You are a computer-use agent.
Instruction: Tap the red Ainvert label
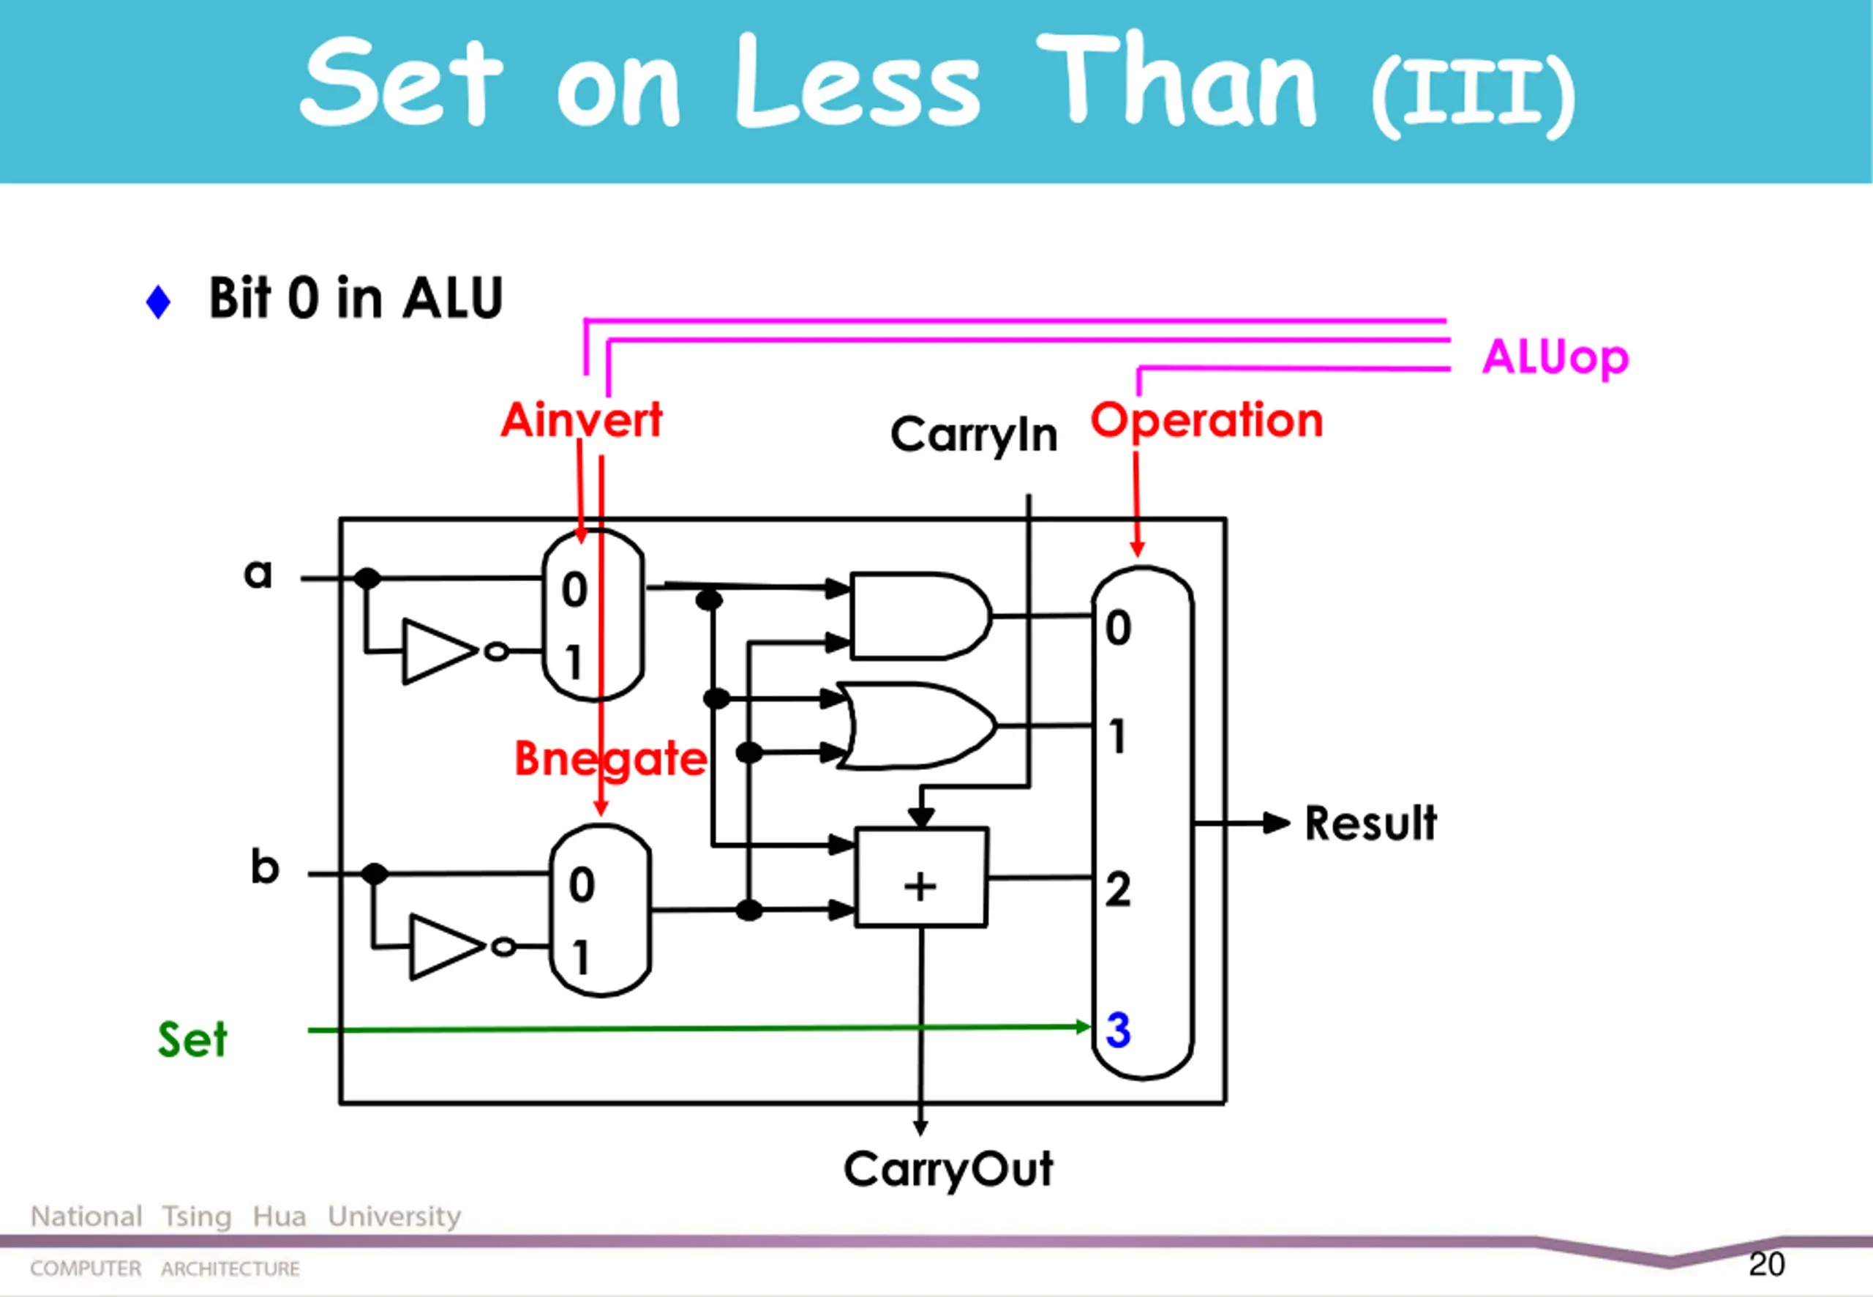(582, 420)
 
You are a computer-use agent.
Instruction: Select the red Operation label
(1206, 421)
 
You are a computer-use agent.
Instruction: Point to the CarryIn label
(973, 435)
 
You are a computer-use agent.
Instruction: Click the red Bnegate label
(610, 759)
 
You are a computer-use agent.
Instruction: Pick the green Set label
(192, 1039)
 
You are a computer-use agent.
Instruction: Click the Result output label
(1370, 823)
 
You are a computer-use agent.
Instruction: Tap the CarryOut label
(948, 1170)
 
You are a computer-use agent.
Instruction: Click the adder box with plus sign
(921, 878)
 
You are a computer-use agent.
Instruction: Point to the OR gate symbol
(917, 725)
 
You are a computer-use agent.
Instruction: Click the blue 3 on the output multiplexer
(1118, 1031)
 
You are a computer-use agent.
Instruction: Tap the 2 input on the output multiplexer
(1118, 889)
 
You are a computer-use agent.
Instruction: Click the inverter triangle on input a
(437, 651)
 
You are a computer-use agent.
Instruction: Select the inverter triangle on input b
(444, 946)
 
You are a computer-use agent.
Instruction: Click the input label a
(258, 574)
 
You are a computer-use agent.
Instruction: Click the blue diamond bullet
(158, 302)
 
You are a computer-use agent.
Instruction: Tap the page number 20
(1768, 1265)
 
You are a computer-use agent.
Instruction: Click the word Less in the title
(857, 83)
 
